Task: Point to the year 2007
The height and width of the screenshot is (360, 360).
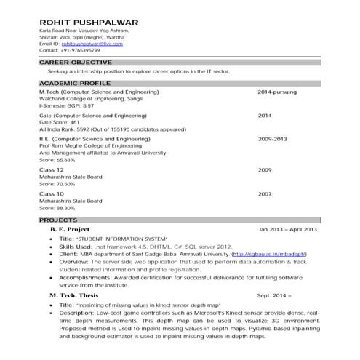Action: [265, 194]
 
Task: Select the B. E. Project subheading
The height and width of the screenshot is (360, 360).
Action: [70, 229]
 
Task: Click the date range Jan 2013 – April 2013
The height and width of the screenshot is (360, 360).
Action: [288, 229]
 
